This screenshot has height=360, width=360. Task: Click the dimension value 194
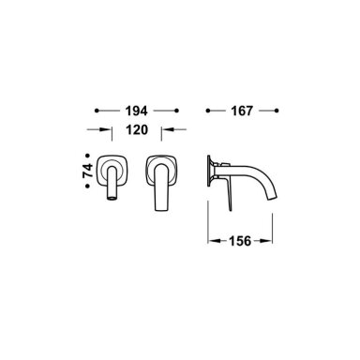click(x=136, y=111)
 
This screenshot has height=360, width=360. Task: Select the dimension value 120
click(x=137, y=129)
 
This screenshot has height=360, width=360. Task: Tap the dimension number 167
click(x=242, y=111)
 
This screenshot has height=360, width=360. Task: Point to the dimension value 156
click(x=240, y=241)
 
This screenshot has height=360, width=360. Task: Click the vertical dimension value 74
click(x=88, y=171)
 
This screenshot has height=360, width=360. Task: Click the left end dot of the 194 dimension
click(x=97, y=111)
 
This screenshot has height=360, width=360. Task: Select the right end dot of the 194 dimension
click(x=176, y=111)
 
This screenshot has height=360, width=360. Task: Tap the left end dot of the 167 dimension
click(x=207, y=111)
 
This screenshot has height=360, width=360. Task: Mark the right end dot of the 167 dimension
click(x=277, y=111)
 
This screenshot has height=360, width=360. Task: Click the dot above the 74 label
click(x=88, y=155)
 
